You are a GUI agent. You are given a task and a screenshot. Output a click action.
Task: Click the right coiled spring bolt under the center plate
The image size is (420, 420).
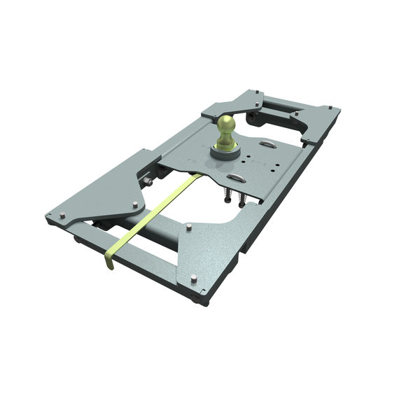[x=242, y=198]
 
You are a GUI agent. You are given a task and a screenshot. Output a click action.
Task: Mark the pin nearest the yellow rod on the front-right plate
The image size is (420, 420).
[x=189, y=227]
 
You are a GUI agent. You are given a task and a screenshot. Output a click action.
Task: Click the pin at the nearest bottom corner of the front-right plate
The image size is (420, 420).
[x=194, y=279]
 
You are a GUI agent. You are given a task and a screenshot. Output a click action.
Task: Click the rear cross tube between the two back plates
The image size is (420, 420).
[x=280, y=112]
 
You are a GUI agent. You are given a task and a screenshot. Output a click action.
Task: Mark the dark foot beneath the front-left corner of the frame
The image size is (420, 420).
[x=77, y=239]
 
